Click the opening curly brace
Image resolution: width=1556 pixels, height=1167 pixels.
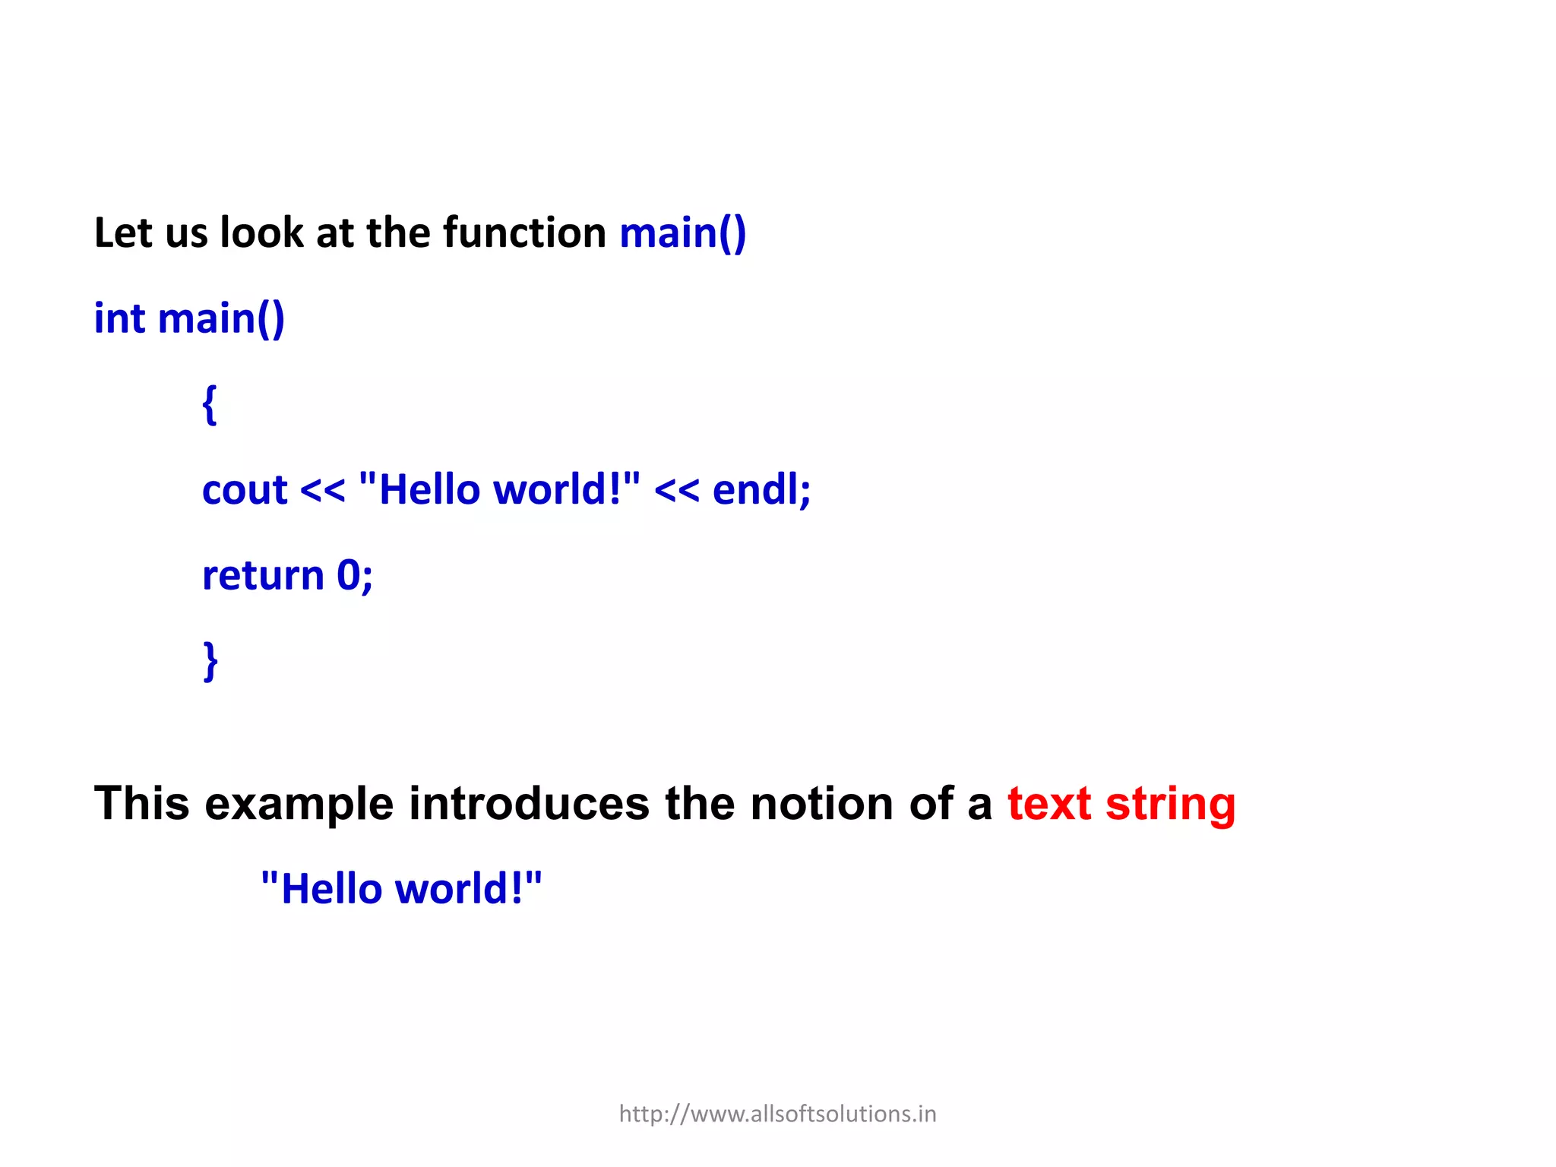210,405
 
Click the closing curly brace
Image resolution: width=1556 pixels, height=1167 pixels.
210,661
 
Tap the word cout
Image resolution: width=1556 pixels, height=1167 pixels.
245,490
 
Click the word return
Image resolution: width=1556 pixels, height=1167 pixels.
263,575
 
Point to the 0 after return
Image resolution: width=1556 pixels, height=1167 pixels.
349,575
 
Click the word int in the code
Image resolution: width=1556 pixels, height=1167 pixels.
119,318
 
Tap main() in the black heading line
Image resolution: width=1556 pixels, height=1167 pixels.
682,233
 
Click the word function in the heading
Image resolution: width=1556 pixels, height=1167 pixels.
524,232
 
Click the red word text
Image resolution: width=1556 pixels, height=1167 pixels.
1049,804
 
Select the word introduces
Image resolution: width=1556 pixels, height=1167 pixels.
529,804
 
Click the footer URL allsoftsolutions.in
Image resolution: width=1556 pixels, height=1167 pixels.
777,1114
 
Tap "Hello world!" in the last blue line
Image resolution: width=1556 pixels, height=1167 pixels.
401,889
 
